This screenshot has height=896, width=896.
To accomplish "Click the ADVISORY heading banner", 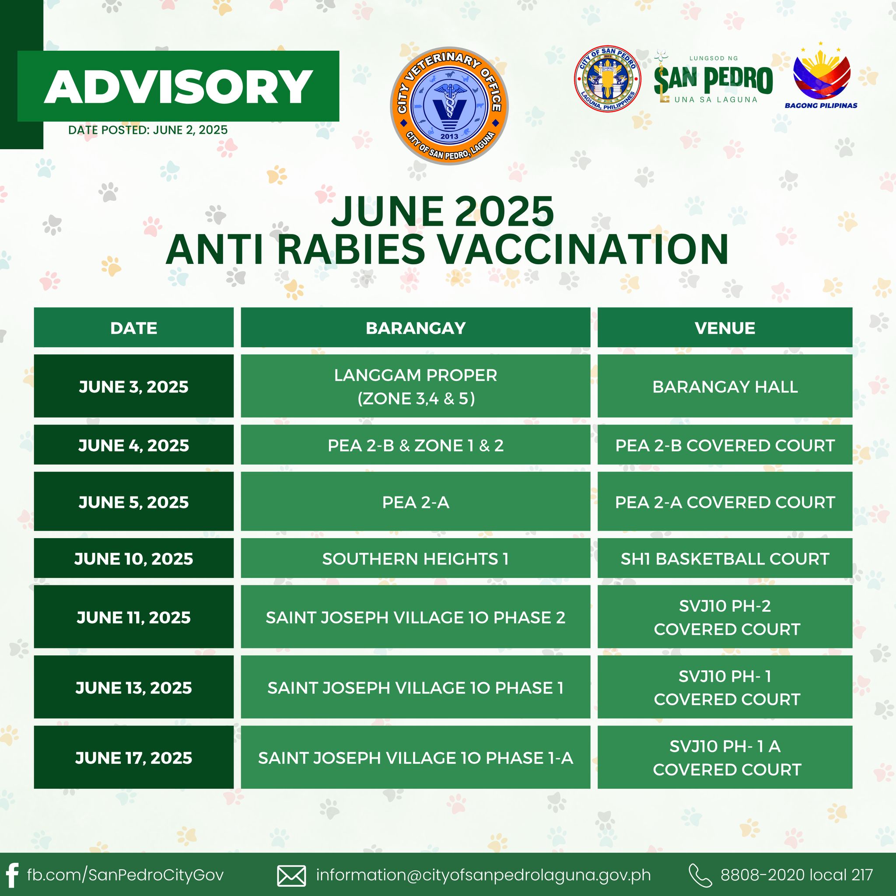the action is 178,86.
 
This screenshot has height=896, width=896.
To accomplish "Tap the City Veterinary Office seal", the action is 449,106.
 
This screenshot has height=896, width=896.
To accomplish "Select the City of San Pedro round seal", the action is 608,79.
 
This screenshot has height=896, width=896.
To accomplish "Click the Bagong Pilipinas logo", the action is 821,78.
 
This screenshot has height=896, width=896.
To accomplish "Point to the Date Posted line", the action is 148,130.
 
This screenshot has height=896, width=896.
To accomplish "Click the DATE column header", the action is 133,327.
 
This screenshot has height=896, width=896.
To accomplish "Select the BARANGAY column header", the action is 416,327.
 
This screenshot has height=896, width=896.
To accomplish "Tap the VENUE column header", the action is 725,327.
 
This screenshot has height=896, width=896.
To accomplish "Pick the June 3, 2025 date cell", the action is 133,386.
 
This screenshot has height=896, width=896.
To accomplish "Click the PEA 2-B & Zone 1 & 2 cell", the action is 416,445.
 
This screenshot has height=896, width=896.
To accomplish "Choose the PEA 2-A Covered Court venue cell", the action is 725,501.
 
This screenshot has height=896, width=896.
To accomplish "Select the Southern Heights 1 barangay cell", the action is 416,558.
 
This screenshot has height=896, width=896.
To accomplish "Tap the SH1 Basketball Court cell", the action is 725,558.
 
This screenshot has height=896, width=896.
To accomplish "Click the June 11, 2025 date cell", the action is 133,616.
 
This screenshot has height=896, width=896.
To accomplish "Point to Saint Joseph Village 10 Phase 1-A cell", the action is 416,757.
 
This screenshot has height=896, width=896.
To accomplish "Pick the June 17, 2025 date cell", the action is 133,757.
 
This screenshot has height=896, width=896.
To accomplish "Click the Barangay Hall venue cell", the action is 725,386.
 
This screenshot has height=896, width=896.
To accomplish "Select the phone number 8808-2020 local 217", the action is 797,875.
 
